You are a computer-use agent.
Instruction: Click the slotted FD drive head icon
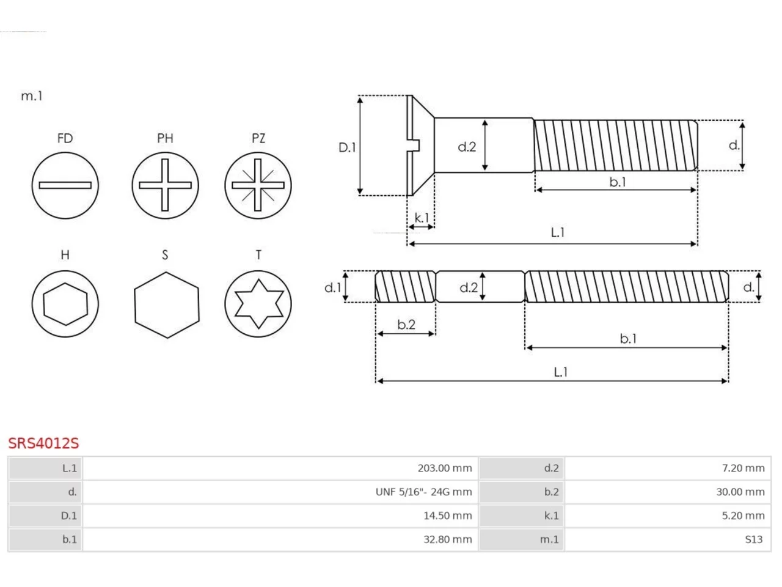coord(65,185)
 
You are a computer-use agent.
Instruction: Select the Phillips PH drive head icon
coord(165,185)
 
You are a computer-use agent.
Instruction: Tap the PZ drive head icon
coord(258,185)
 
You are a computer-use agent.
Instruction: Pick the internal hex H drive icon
coord(65,304)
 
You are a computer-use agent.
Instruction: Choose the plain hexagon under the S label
coord(167,305)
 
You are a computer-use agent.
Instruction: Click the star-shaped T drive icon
coord(258,304)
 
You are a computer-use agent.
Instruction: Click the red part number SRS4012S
coord(43,443)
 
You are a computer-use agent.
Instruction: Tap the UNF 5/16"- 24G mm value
coord(423,492)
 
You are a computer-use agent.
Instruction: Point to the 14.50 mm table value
coord(447,515)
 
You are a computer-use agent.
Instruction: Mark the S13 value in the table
coord(754,539)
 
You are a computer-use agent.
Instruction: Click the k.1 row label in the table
coord(552,515)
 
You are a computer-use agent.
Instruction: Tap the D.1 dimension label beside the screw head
coord(347,147)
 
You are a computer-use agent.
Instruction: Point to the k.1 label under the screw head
coord(422,218)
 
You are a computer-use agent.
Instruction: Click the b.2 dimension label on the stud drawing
coord(406,324)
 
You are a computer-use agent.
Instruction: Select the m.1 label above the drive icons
coord(32,96)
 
